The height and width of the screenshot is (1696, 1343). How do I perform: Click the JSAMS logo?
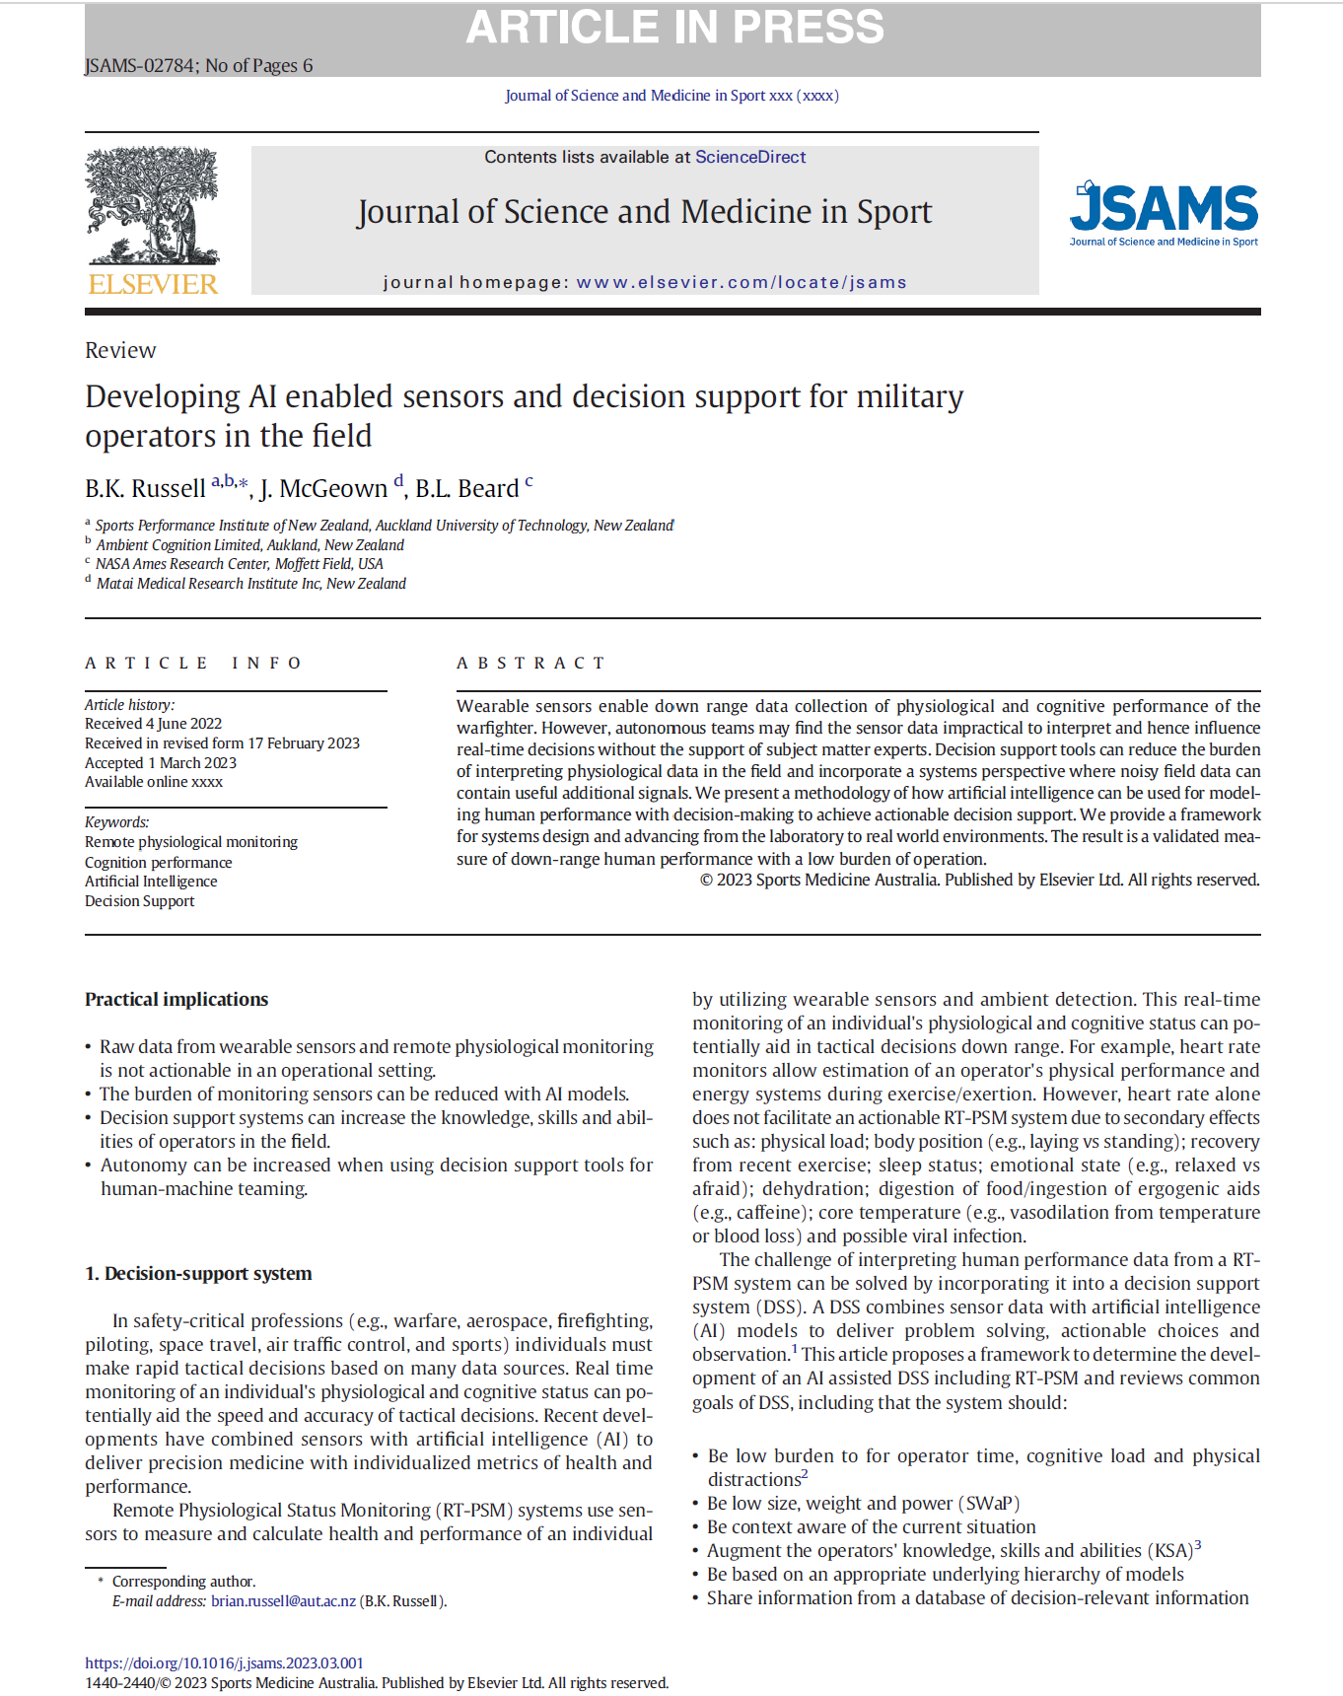coord(1164,213)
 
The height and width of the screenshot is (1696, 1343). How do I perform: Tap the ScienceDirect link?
coord(749,157)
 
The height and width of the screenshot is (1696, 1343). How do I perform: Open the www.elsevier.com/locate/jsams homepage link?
coord(741,283)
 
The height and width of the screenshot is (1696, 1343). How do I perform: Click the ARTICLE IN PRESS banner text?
coord(674,28)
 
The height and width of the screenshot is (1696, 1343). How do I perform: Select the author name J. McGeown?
coord(323,489)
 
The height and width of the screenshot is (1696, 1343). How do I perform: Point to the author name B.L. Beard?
coord(466,489)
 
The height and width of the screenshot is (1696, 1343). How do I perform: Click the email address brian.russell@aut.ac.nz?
coord(283,1600)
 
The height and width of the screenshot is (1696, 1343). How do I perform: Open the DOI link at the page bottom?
coord(224,1662)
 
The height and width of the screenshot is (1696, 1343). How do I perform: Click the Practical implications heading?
coord(177,999)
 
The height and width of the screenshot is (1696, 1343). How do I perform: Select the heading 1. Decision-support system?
coord(198,1273)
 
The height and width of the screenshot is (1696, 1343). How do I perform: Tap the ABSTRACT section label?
coord(530,663)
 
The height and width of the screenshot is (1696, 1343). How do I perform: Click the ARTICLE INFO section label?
coord(193,663)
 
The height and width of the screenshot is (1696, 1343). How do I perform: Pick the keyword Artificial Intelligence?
coord(151,882)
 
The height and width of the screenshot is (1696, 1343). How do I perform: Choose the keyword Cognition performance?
coord(159,862)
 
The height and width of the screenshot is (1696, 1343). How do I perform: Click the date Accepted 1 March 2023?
coord(161,762)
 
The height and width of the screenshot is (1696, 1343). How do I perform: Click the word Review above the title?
coord(120,350)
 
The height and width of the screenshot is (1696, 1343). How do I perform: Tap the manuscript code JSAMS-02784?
coord(140,66)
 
